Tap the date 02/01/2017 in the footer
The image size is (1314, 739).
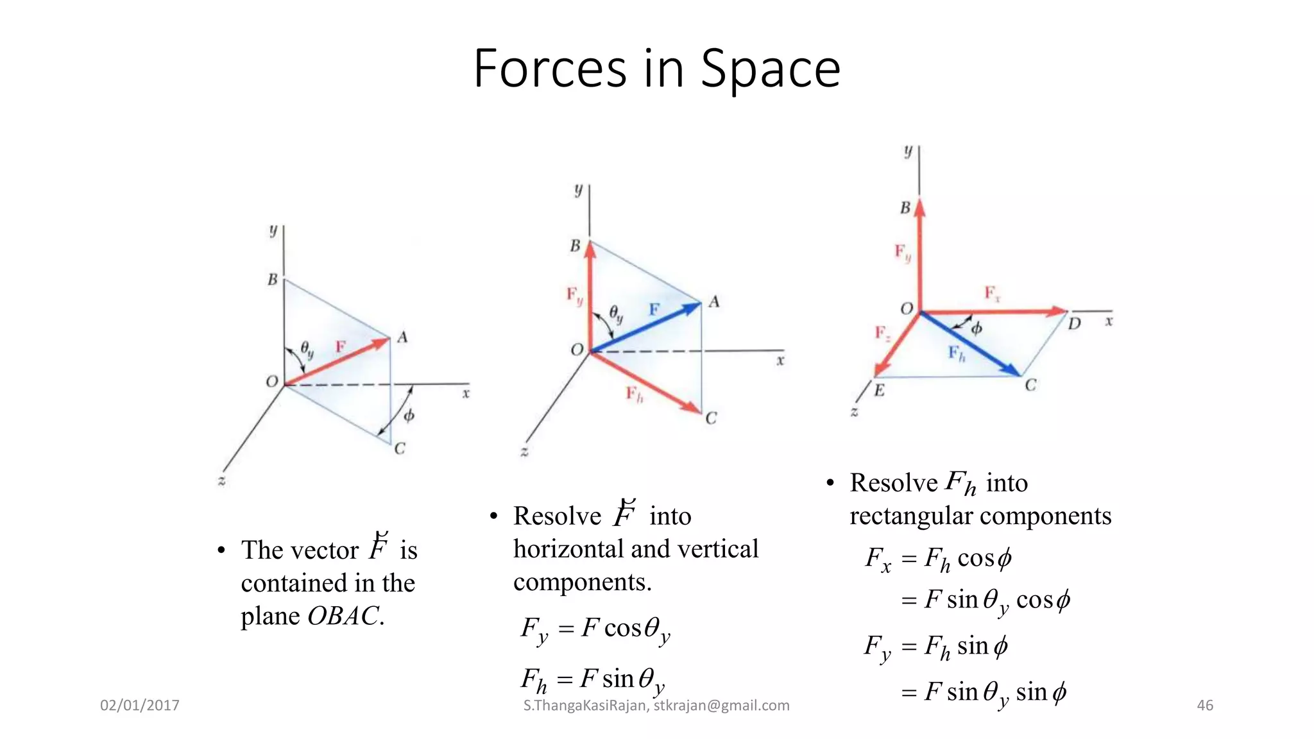tap(140, 706)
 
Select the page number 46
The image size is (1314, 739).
tap(1205, 706)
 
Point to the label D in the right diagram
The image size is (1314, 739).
tap(1074, 324)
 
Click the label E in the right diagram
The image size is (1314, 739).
tap(879, 390)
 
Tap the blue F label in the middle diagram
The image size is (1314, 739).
tap(654, 310)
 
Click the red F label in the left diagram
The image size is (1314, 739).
tap(341, 347)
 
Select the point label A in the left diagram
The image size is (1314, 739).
tap(402, 337)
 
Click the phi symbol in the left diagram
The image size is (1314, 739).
tap(409, 416)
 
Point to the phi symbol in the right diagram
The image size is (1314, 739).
tap(976, 328)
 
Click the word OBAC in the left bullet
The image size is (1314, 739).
tap(343, 616)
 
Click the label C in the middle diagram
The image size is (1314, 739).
tap(711, 418)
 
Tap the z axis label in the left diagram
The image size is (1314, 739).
tap(221, 480)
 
